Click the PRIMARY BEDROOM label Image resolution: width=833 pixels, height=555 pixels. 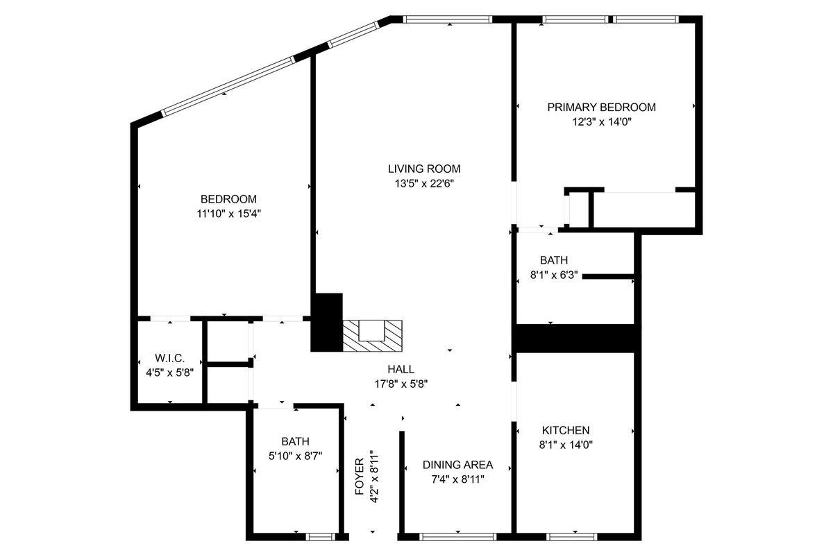click(601, 108)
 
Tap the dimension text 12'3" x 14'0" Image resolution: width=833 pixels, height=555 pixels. click(601, 121)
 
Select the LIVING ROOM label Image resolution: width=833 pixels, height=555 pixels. click(423, 169)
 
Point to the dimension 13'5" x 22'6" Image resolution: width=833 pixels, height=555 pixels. click(423, 183)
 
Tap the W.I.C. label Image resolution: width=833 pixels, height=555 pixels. click(169, 358)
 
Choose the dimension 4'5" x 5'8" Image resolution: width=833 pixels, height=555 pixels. click(169, 372)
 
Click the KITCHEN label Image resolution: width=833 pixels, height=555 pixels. click(566, 430)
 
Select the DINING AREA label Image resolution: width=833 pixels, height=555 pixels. click(457, 465)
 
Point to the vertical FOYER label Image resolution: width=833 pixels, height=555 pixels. click(359, 477)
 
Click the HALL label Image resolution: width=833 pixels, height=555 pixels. click(401, 370)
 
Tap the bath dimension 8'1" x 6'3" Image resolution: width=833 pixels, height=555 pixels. click(550, 275)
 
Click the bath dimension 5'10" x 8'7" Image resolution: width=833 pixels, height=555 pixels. click(295, 455)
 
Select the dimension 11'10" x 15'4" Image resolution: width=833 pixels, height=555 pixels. click(228, 214)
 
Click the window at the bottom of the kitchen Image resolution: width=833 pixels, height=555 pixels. click(572, 536)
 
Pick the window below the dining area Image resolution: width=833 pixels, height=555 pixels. click(458, 536)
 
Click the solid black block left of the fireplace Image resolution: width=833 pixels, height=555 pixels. click(326, 322)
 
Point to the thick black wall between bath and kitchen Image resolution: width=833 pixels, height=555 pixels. click(575, 338)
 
